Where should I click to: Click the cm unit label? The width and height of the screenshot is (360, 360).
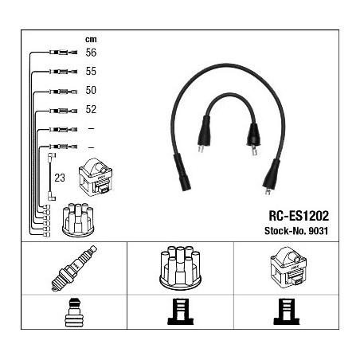pyautogui.click(x=91, y=40)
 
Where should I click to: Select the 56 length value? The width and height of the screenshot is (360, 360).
pyautogui.click(x=91, y=53)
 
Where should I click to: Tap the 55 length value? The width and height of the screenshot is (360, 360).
pyautogui.click(x=91, y=71)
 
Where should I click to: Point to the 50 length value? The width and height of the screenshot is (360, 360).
pyautogui.click(x=91, y=90)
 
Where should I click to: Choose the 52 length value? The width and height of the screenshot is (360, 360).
pyautogui.click(x=91, y=109)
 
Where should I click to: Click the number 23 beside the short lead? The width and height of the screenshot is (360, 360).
pyautogui.click(x=60, y=178)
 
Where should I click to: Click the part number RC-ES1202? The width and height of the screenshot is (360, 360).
pyautogui.click(x=299, y=216)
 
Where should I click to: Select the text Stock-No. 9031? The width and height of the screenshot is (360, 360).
pyautogui.click(x=296, y=231)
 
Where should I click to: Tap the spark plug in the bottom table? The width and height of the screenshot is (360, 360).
pyautogui.click(x=74, y=268)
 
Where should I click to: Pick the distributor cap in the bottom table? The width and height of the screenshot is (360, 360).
pyautogui.click(x=180, y=268)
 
